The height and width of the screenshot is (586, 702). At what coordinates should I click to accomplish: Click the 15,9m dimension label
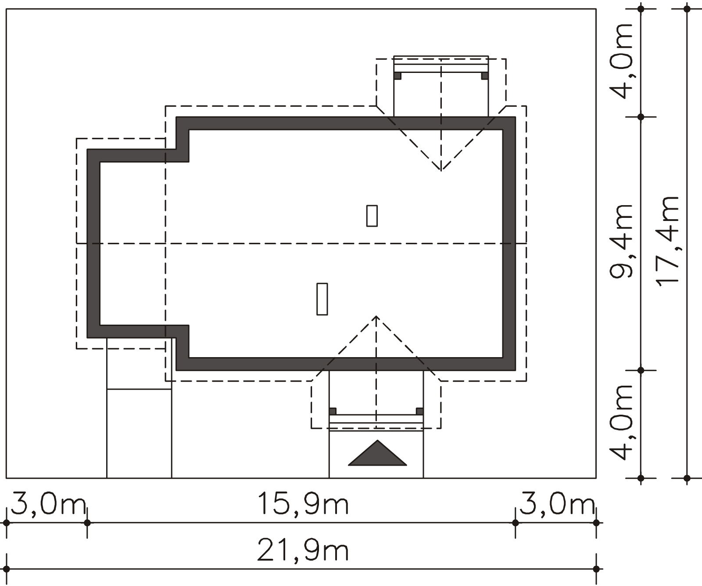(x=303, y=504)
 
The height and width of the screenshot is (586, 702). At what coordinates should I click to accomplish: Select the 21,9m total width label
(x=303, y=551)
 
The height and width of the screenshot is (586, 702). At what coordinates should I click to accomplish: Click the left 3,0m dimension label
(x=47, y=504)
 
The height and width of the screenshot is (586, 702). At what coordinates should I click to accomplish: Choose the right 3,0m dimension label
(x=556, y=504)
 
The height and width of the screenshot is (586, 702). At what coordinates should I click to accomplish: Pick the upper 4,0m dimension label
(x=621, y=61)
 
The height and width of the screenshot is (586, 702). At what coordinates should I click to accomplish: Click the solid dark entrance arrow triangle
(x=377, y=453)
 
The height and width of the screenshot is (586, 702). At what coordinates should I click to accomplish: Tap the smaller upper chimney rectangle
(x=372, y=216)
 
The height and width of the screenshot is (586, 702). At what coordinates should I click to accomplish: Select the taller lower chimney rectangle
(x=322, y=299)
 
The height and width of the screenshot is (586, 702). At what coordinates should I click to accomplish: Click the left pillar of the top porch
(x=398, y=76)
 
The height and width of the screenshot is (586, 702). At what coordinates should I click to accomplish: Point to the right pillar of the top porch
(x=485, y=76)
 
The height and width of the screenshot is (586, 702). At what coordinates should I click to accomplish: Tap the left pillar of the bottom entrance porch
(x=333, y=411)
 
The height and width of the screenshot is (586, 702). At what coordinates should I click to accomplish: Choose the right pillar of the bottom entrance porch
(x=420, y=411)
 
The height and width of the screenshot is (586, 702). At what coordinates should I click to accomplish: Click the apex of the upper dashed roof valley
(x=441, y=170)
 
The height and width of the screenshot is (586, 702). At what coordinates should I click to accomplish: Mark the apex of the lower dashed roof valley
(x=376, y=316)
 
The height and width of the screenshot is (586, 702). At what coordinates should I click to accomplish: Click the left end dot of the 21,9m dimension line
(x=7, y=569)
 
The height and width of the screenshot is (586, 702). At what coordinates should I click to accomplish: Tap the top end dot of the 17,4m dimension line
(x=687, y=9)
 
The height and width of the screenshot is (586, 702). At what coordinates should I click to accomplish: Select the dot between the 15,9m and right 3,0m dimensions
(x=516, y=523)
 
